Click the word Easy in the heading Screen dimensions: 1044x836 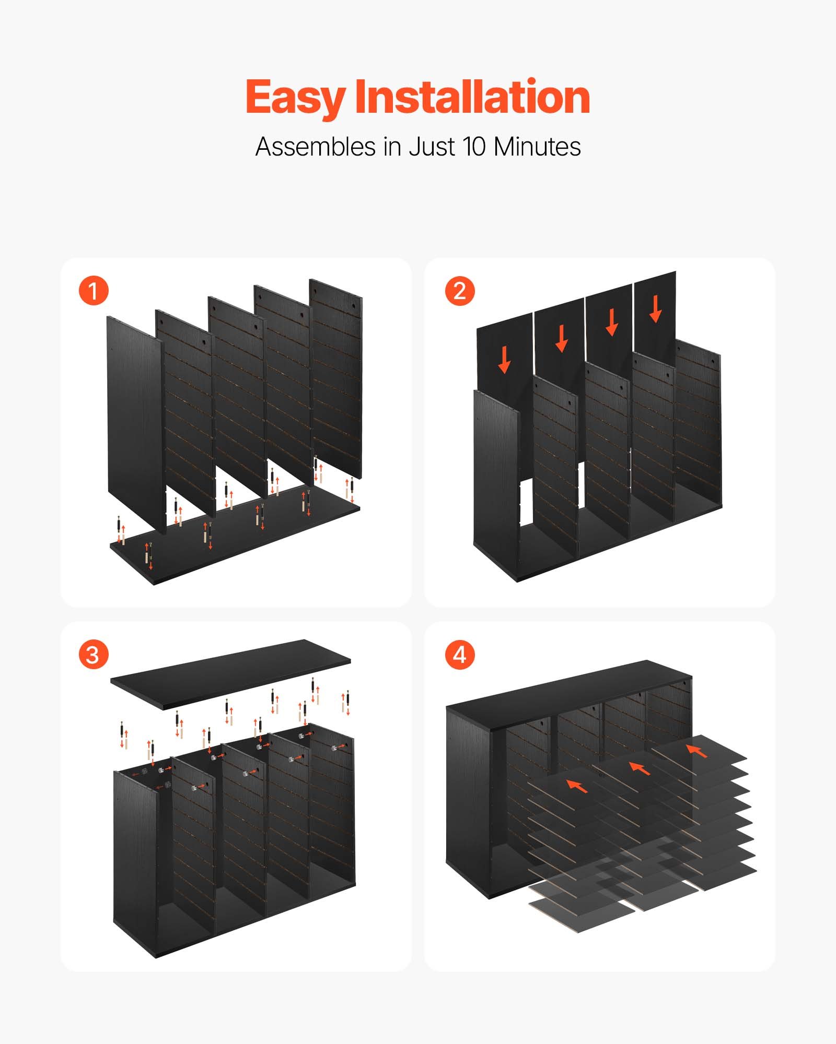pyautogui.click(x=295, y=98)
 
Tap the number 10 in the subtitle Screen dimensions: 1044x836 pyautogui.click(x=474, y=147)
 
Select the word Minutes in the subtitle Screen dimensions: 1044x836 pyautogui.click(x=537, y=147)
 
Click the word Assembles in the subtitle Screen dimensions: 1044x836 pyautogui.click(x=316, y=147)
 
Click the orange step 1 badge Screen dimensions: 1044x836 pyautogui.click(x=94, y=291)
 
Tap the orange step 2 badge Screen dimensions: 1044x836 pyautogui.click(x=460, y=291)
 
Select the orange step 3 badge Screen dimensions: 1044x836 pyautogui.click(x=94, y=655)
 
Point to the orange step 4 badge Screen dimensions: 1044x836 pyautogui.click(x=460, y=655)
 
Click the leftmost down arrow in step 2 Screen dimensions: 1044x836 pyautogui.click(x=504, y=360)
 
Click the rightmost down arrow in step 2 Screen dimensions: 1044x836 pyautogui.click(x=656, y=310)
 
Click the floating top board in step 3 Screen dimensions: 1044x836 pyautogui.click(x=230, y=673)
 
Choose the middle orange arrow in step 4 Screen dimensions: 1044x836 pyautogui.click(x=640, y=768)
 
